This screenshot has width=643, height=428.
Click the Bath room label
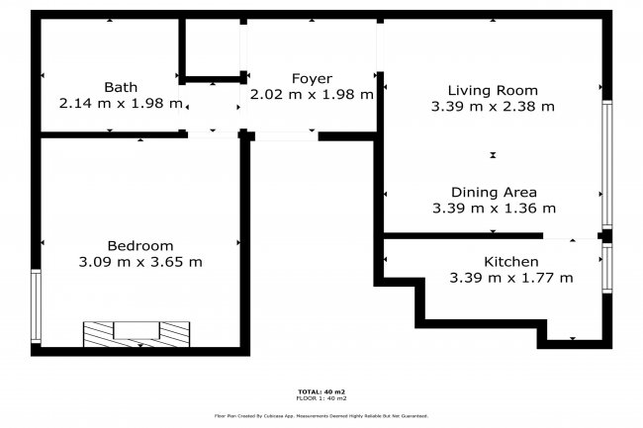point(121,87)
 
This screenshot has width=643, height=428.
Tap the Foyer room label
point(312,79)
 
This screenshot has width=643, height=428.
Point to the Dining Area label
point(494,192)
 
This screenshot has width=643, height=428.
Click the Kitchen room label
point(510,262)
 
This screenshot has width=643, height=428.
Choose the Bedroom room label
point(139,246)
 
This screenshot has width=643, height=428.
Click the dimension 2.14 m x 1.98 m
point(121,103)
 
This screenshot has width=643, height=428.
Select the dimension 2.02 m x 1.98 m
point(312,95)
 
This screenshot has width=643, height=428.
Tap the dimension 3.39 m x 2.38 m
point(493,105)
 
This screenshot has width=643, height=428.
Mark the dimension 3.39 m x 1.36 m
point(494,208)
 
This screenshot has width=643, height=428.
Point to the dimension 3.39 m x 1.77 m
point(510,278)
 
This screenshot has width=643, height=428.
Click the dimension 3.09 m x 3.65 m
point(139,262)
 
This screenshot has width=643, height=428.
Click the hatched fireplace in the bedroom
point(137,332)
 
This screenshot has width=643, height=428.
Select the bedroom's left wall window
point(37,306)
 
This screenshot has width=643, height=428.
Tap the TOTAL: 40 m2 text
point(322,391)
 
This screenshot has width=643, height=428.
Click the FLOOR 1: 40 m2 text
point(322,398)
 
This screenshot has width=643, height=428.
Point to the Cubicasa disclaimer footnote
point(322,416)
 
